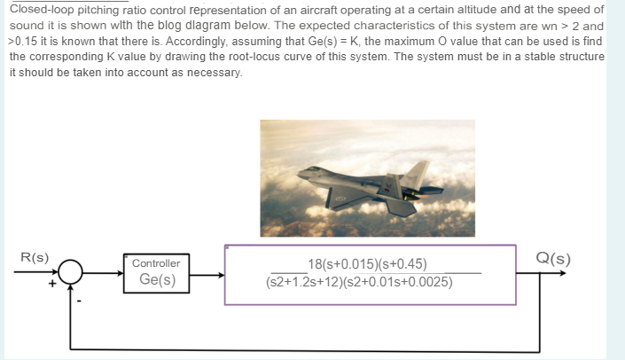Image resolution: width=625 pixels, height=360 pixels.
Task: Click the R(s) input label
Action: tap(35, 258)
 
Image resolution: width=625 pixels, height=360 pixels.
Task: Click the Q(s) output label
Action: tap(553, 259)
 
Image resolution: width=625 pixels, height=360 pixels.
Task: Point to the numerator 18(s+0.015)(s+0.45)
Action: tap(367, 264)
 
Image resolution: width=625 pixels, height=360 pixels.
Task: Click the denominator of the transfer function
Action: tap(358, 283)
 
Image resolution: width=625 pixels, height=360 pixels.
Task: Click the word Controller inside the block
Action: tap(156, 263)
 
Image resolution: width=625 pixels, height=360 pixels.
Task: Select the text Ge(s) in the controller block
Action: tap(157, 280)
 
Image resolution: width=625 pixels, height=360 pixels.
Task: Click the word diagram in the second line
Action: tap(208, 25)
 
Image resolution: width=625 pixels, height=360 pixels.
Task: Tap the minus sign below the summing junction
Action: tap(79, 301)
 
